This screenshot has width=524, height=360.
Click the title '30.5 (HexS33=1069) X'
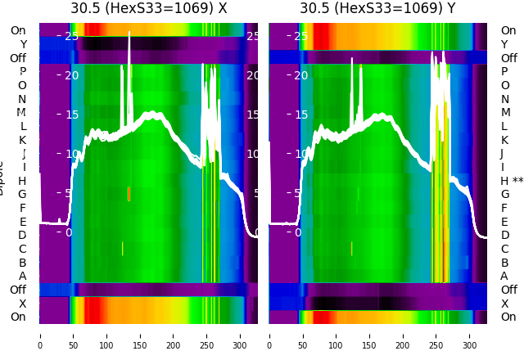coord(148,8)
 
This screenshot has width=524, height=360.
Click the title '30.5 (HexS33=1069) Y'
coord(377,8)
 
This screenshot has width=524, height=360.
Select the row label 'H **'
coord(512,181)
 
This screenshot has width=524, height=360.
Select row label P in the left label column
coord(23,72)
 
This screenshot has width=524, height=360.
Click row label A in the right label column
coord(504,276)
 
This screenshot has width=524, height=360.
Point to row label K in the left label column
coord(23,140)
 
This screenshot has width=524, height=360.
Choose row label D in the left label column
coord(23,235)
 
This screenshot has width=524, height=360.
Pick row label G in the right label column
coord(505,194)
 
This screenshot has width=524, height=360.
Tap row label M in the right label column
coord(505,113)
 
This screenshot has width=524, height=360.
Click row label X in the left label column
coord(23,304)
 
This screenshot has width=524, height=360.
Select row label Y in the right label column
coord(504,44)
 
